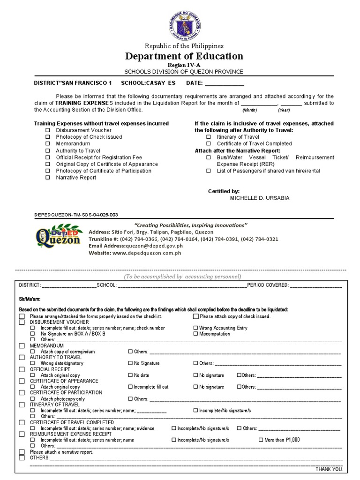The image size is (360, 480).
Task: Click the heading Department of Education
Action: [x=184, y=56]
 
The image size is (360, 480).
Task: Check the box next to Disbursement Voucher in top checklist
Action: [x=47, y=130]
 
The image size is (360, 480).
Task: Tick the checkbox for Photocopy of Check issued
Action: [x=47, y=137]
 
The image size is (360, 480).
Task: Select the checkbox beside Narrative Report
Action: [x=47, y=178]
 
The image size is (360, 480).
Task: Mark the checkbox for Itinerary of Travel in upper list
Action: [x=209, y=137]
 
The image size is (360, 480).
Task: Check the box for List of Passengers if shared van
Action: [x=209, y=171]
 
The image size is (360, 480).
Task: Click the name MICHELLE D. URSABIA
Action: [x=260, y=198]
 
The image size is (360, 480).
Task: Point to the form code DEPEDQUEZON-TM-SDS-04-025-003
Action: [x=76, y=214]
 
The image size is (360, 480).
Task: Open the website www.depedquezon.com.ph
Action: [x=147, y=253]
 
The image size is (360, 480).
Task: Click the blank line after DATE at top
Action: [x=225, y=83]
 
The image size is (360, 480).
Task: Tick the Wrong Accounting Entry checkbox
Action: [x=195, y=328]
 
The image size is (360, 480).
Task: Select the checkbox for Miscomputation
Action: [x=195, y=334]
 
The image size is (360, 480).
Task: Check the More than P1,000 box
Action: [x=261, y=440]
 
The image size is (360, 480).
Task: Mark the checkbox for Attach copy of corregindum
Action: [x=32, y=351]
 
